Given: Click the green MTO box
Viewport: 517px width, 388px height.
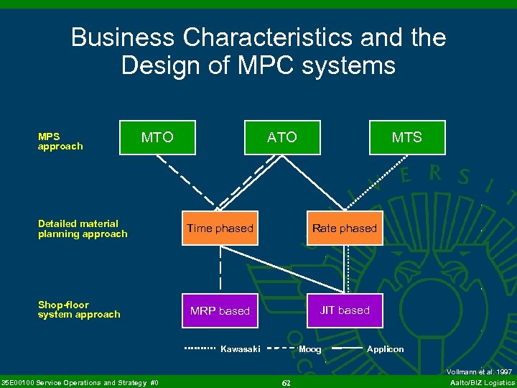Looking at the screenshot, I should point(157,137).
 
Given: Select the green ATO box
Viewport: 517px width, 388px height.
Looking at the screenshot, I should point(281,137).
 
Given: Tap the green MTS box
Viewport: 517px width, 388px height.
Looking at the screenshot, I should point(406,137).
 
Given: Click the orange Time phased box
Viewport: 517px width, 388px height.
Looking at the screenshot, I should point(220,228).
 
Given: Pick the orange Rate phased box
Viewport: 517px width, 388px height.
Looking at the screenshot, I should point(344,228).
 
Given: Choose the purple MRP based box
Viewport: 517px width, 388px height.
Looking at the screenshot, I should point(220,311).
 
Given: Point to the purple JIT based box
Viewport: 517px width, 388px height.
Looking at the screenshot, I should point(345,310).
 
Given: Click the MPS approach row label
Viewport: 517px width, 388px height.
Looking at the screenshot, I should point(60,142).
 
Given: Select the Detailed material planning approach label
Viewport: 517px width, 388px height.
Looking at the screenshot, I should point(83,228).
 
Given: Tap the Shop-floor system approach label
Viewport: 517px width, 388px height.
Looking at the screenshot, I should point(79,310).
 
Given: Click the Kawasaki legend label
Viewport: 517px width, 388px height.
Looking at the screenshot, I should point(240,349).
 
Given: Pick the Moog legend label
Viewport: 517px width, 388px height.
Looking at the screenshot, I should point(309,349).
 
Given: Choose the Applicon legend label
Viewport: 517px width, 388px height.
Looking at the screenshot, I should point(386,349).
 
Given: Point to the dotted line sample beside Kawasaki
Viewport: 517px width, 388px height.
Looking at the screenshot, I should point(200,349).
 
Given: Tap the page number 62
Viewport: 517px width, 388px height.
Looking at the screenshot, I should point(286,383).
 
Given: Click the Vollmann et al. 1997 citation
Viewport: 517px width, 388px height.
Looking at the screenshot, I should point(479,371).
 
